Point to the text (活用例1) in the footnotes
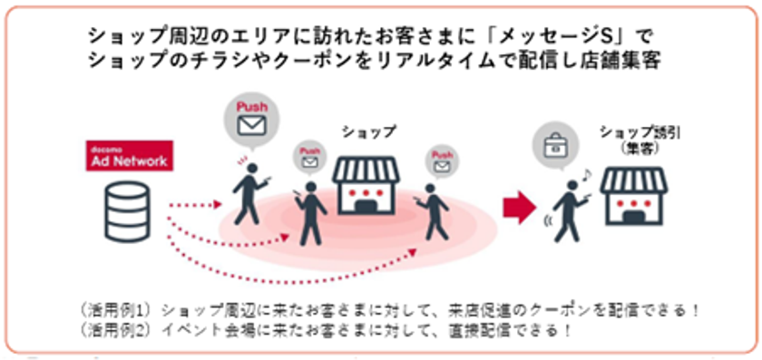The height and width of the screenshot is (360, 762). (x=124, y=309)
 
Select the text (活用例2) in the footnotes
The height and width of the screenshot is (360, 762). (x=124, y=329)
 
